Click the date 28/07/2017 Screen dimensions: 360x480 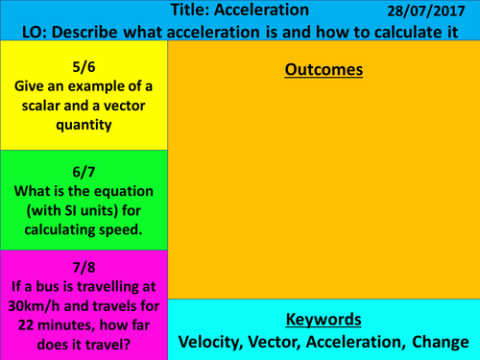(422, 11)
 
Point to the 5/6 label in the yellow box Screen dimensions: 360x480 (84, 67)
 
